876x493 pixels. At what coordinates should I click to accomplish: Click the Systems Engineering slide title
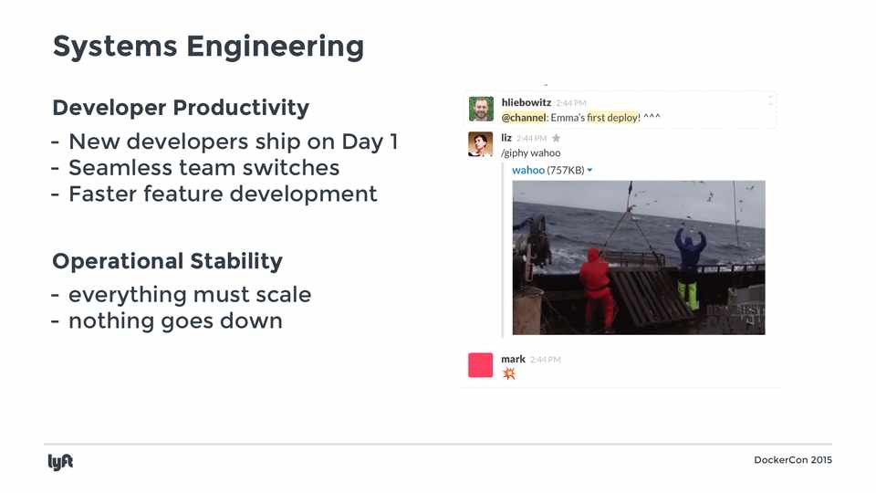click(x=208, y=47)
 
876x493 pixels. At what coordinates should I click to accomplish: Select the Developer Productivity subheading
click(x=181, y=108)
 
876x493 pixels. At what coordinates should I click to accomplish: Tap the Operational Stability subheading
click(x=167, y=262)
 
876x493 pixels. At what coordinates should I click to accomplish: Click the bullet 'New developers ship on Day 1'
click(x=233, y=142)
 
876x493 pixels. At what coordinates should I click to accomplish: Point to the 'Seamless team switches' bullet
click(x=203, y=168)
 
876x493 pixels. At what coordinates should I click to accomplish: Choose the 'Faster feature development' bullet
click(x=223, y=194)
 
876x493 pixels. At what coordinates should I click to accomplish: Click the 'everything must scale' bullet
click(x=190, y=295)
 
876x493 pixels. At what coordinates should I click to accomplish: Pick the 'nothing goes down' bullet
click(x=175, y=320)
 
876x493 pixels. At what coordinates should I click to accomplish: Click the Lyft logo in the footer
click(x=60, y=462)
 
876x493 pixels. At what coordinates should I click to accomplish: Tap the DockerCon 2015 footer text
click(x=793, y=460)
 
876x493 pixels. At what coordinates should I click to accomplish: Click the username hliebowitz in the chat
click(x=527, y=102)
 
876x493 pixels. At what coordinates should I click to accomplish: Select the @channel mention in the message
click(x=524, y=118)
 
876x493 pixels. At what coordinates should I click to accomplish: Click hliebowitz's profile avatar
click(x=481, y=109)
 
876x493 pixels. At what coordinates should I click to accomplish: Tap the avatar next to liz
click(x=481, y=144)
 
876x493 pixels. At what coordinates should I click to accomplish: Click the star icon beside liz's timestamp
click(x=556, y=138)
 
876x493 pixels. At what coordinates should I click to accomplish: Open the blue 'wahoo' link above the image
click(x=528, y=170)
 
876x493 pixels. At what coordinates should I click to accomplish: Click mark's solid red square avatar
click(x=481, y=365)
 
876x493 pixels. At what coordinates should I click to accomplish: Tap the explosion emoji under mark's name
click(x=508, y=373)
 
